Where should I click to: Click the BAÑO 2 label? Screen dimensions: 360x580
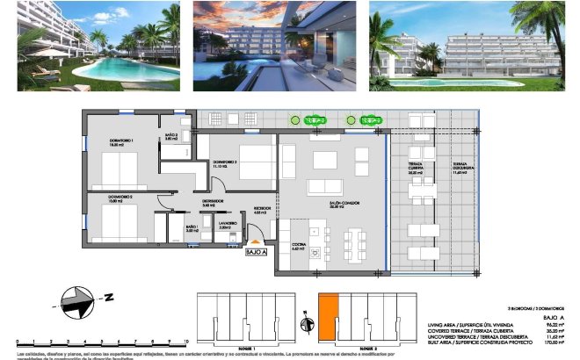[172, 136]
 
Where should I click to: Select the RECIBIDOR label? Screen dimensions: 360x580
[259, 210]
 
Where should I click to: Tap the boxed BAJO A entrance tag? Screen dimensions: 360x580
[256, 252]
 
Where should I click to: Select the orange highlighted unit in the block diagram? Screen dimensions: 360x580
[327, 313]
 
